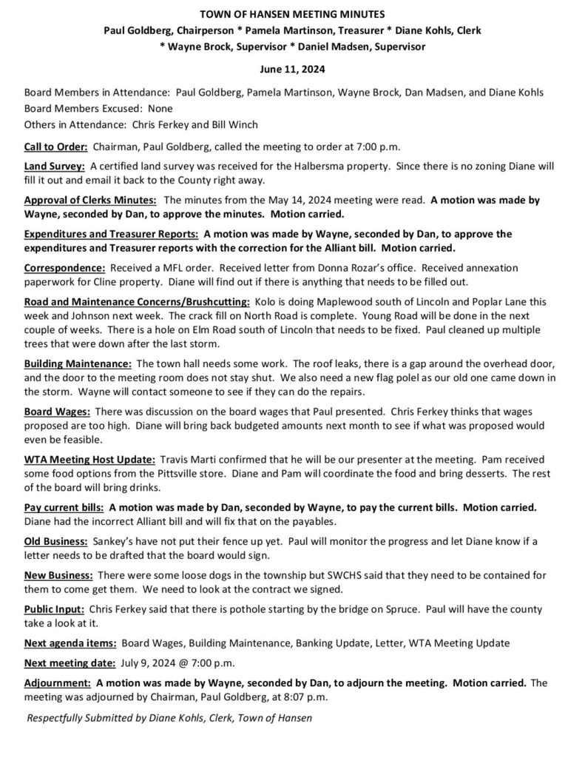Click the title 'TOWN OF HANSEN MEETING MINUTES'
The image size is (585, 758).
pos(291,14)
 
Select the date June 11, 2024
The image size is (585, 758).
pos(291,70)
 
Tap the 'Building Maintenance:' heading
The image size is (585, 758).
pos(78,364)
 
